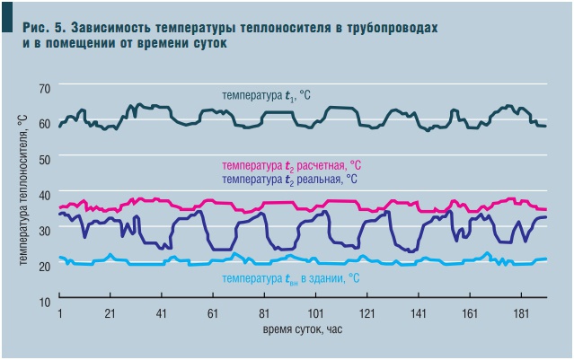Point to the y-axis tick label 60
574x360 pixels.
pyautogui.click(x=43, y=121)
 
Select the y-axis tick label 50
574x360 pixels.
pyautogui.click(x=43, y=157)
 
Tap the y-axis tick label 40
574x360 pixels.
pyautogui.click(x=43, y=193)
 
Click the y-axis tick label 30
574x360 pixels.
pyautogui.click(x=43, y=228)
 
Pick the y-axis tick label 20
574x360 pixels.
pyautogui.click(x=43, y=266)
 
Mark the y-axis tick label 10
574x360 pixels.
pyautogui.click(x=43, y=302)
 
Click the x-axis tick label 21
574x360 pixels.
pyautogui.click(x=110, y=314)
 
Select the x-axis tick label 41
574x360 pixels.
pyautogui.click(x=162, y=314)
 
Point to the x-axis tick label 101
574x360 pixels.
pyautogui.click(x=315, y=314)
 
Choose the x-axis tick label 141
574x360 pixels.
pyautogui.click(x=418, y=314)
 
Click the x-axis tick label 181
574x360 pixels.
pyautogui.click(x=520, y=314)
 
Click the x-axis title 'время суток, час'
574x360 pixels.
pyautogui.click(x=302, y=329)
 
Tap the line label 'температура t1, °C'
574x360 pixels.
pyautogui.click(x=268, y=94)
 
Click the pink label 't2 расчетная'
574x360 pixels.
pyautogui.click(x=291, y=166)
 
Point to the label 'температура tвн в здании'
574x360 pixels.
pyautogui.click(x=291, y=279)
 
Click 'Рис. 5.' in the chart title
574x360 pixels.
pyautogui.click(x=44, y=29)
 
